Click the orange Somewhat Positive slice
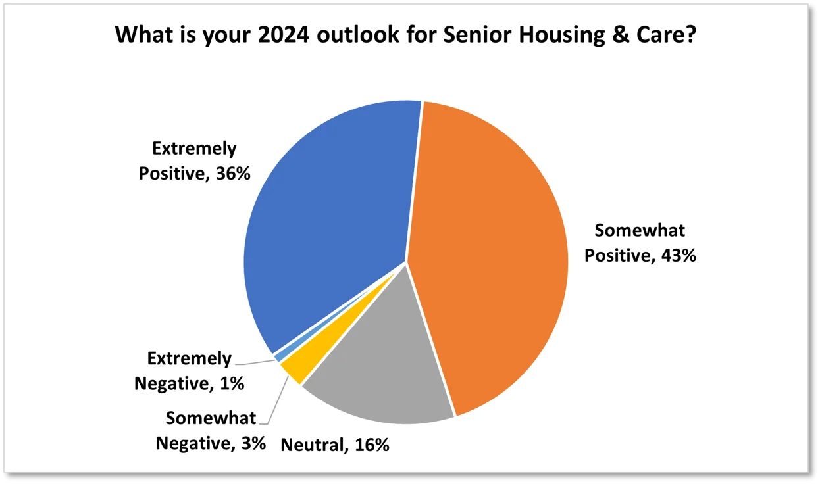(490, 256)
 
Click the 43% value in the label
(679, 255)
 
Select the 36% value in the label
(233, 174)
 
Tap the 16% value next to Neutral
(372, 445)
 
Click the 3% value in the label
(253, 443)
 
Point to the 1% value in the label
(232, 384)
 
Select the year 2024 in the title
(284, 35)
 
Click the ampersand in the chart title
(620, 35)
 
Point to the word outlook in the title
(357, 35)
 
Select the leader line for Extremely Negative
(255, 362)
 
